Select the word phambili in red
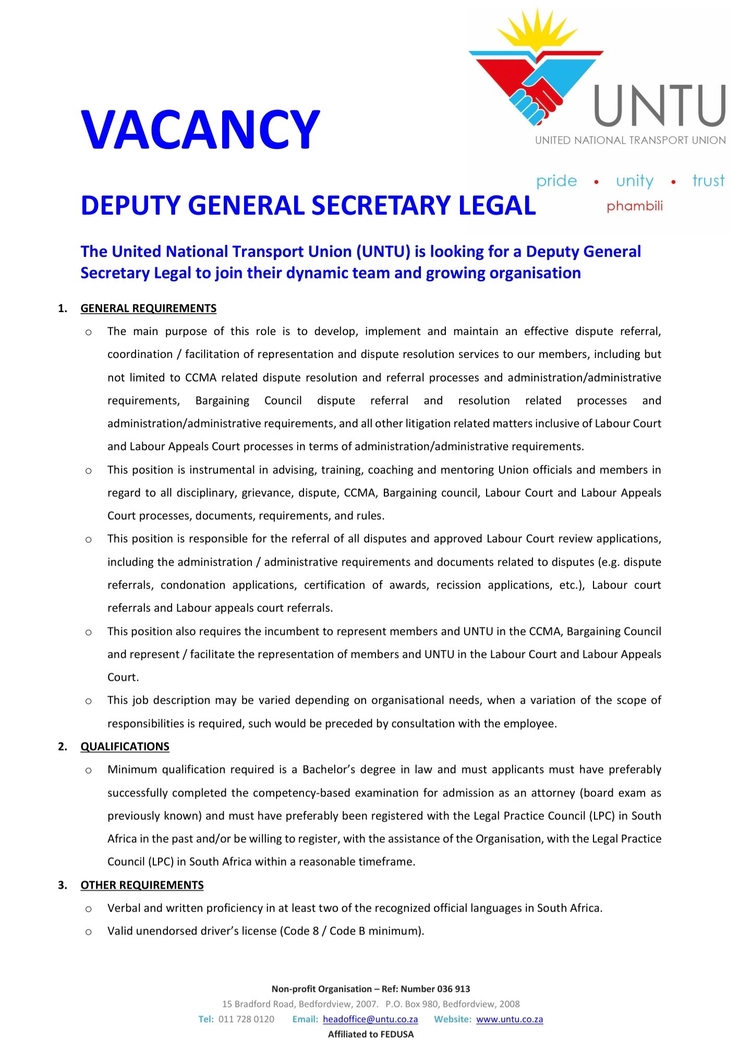coord(634,206)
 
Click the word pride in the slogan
coord(556,181)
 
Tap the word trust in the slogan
coord(708,181)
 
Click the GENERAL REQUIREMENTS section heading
coord(148,309)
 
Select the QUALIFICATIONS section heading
coord(125,746)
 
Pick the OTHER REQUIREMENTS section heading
coord(142,885)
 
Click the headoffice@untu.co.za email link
coord(370,1019)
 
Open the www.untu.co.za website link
coord(510,1019)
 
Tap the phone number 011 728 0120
coord(246,1019)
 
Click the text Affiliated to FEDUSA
coord(371,1034)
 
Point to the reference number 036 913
coord(453,989)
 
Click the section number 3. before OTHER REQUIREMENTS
coord(63,885)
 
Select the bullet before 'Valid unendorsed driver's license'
coord(89,932)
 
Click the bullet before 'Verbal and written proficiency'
coord(89,909)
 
